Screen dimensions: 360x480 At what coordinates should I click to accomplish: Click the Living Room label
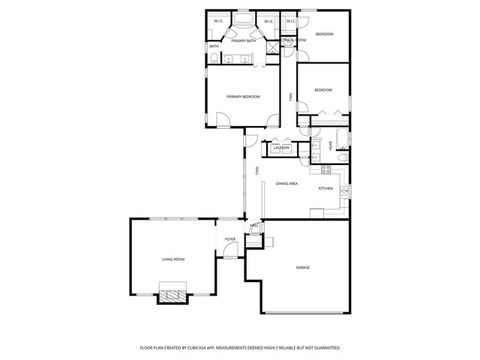pyautogui.click(x=173, y=259)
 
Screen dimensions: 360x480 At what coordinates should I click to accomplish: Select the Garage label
pyautogui.click(x=303, y=268)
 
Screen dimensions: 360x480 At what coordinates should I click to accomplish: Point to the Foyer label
pyautogui.click(x=230, y=240)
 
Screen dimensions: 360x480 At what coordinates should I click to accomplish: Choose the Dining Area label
pyautogui.click(x=287, y=184)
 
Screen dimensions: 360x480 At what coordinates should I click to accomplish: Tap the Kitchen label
pyautogui.click(x=325, y=188)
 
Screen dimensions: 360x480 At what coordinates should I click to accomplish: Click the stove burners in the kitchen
pyautogui.click(x=326, y=169)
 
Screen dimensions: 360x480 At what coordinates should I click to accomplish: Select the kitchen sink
pyautogui.click(x=343, y=191)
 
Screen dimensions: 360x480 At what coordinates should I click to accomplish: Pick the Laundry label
pyautogui.click(x=282, y=148)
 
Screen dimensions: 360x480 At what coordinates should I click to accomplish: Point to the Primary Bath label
pyautogui.click(x=244, y=40)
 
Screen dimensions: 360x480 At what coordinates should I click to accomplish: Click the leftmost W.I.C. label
pyautogui.click(x=218, y=21)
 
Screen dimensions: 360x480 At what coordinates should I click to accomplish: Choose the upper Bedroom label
pyautogui.click(x=324, y=35)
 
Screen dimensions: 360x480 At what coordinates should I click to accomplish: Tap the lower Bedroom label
pyautogui.click(x=322, y=90)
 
